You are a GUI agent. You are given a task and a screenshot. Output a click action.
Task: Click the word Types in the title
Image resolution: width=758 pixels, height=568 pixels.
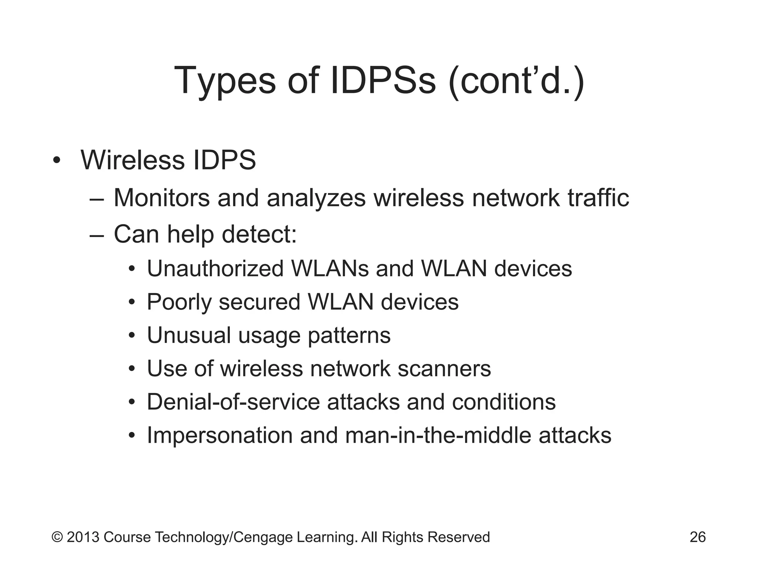[225, 81]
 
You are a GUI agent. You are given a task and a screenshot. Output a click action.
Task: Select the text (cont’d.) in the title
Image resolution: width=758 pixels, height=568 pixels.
[516, 81]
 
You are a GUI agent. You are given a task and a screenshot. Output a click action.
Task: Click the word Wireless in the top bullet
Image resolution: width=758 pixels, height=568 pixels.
[133, 160]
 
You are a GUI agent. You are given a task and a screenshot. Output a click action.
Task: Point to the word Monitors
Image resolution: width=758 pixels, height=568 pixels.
[162, 198]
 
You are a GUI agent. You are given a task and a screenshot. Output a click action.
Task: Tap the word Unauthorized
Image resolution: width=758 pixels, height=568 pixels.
[215, 268]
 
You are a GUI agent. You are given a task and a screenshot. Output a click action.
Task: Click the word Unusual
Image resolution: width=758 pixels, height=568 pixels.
[189, 335]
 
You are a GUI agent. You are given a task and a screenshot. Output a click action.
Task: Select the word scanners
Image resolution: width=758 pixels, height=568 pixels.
[444, 369]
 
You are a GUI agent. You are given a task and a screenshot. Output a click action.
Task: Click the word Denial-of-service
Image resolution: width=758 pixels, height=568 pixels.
[233, 402]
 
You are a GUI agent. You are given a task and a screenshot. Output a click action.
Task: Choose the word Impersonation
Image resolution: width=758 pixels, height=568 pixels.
[220, 436]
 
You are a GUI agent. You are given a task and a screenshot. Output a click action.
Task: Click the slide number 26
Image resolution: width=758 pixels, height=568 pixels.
[698, 537]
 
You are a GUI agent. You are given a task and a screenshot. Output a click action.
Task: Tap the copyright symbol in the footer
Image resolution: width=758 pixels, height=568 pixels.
[57, 537]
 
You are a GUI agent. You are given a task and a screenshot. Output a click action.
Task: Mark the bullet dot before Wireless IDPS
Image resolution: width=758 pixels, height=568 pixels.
[56, 161]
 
